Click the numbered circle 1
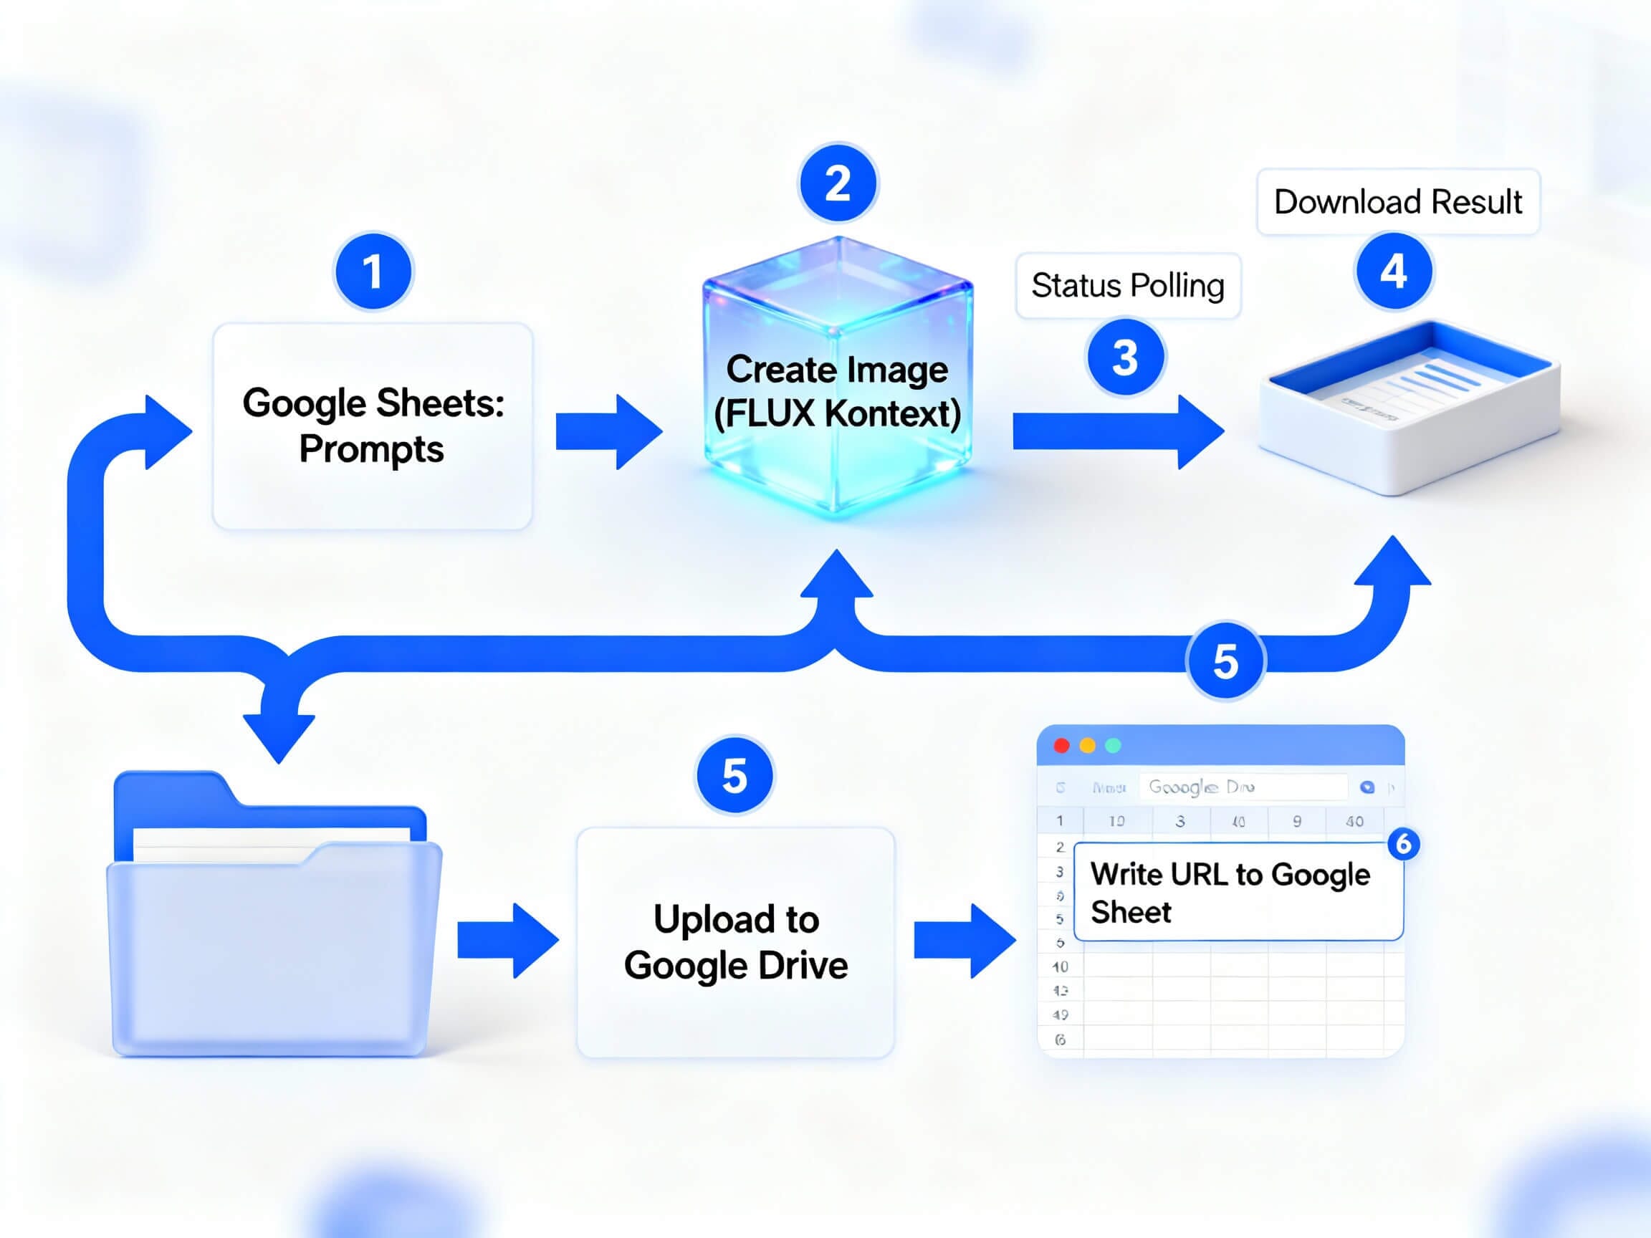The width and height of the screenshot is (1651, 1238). click(373, 271)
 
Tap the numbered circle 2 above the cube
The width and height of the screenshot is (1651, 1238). click(838, 183)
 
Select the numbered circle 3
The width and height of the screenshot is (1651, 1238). click(1125, 358)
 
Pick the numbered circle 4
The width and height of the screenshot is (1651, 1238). click(1393, 271)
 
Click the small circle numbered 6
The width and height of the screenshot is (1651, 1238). click(1403, 844)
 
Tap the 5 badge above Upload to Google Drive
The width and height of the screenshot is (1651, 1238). click(734, 775)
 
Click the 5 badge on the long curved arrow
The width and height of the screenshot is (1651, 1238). click(1225, 661)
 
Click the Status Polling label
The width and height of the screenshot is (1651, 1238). click(1127, 286)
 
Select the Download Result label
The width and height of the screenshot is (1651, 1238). click(1397, 202)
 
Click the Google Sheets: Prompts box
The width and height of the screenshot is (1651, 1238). click(373, 426)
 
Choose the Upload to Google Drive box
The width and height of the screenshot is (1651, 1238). click(735, 941)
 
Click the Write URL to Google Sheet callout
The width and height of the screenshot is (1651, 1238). click(1238, 892)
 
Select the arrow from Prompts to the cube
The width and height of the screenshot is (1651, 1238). click(608, 432)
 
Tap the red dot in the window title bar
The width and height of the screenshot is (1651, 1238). click(1061, 746)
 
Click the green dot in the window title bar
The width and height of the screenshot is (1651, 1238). click(1112, 746)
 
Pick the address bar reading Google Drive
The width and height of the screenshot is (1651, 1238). click(1242, 787)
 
